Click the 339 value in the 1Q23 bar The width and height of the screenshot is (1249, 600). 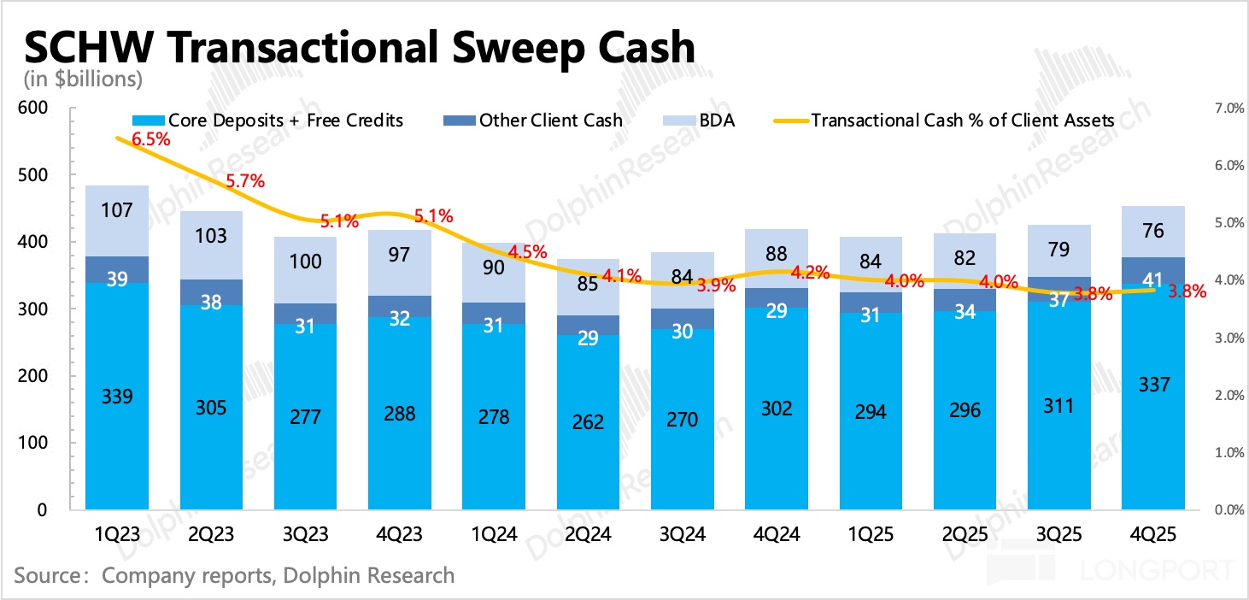point(117,397)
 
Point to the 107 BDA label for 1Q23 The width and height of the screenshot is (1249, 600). point(117,209)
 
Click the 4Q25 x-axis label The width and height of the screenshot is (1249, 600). point(1153,534)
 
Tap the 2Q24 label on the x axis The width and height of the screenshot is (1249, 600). point(589,534)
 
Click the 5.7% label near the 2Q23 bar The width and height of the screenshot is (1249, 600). point(245,181)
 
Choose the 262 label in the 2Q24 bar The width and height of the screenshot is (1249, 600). point(589,422)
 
